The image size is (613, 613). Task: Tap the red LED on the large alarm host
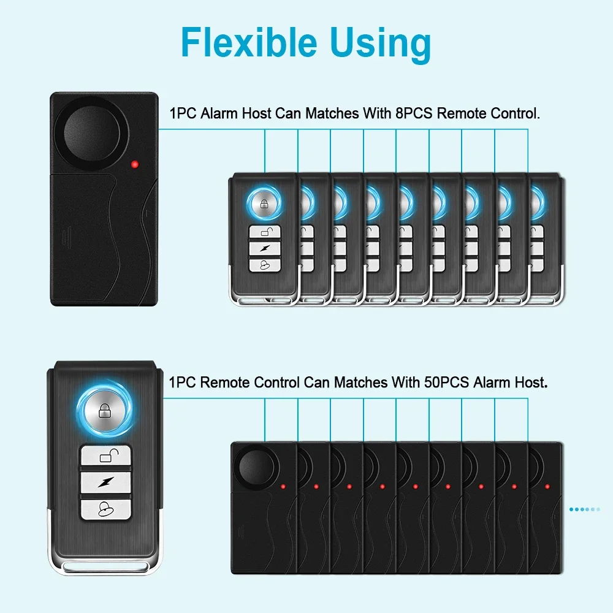134,164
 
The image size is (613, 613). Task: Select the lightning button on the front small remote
264,248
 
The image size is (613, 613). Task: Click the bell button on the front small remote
264,264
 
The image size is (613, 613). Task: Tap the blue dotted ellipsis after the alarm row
584,509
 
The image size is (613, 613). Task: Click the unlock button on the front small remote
264,232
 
